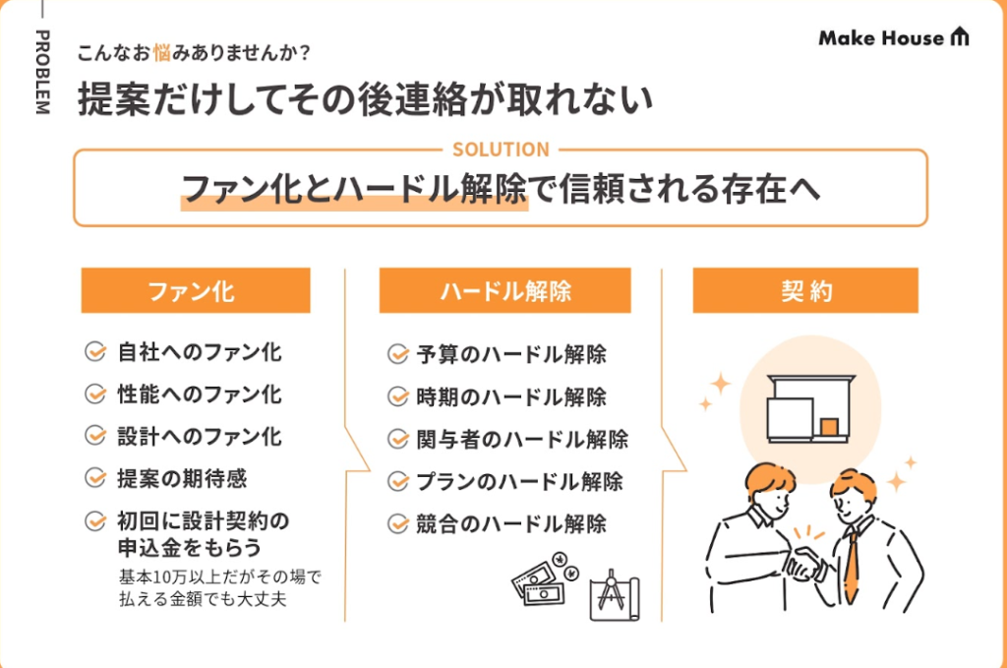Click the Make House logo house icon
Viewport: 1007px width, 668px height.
point(960,36)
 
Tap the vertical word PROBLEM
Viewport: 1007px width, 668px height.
point(41,72)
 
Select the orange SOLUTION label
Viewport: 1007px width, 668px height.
point(501,150)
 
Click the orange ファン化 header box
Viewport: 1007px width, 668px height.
point(196,290)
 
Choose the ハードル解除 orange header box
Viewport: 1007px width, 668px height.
point(504,290)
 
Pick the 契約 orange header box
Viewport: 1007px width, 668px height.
point(805,290)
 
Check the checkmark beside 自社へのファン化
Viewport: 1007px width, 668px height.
point(95,352)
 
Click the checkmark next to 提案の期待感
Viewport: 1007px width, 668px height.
point(95,478)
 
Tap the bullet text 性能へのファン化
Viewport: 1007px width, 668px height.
point(199,395)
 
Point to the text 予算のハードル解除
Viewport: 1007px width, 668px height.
point(511,354)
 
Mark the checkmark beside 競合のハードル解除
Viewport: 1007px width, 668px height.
point(398,524)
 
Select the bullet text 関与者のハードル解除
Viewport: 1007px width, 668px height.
point(522,440)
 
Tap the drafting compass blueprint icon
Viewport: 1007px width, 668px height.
point(615,595)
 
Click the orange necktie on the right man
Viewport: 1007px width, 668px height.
point(852,567)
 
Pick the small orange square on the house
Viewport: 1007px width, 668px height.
point(829,427)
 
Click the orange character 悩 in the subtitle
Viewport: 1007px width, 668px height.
point(162,53)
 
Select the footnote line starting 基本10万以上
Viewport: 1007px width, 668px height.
point(219,577)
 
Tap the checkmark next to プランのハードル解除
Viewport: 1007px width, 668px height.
point(398,482)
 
